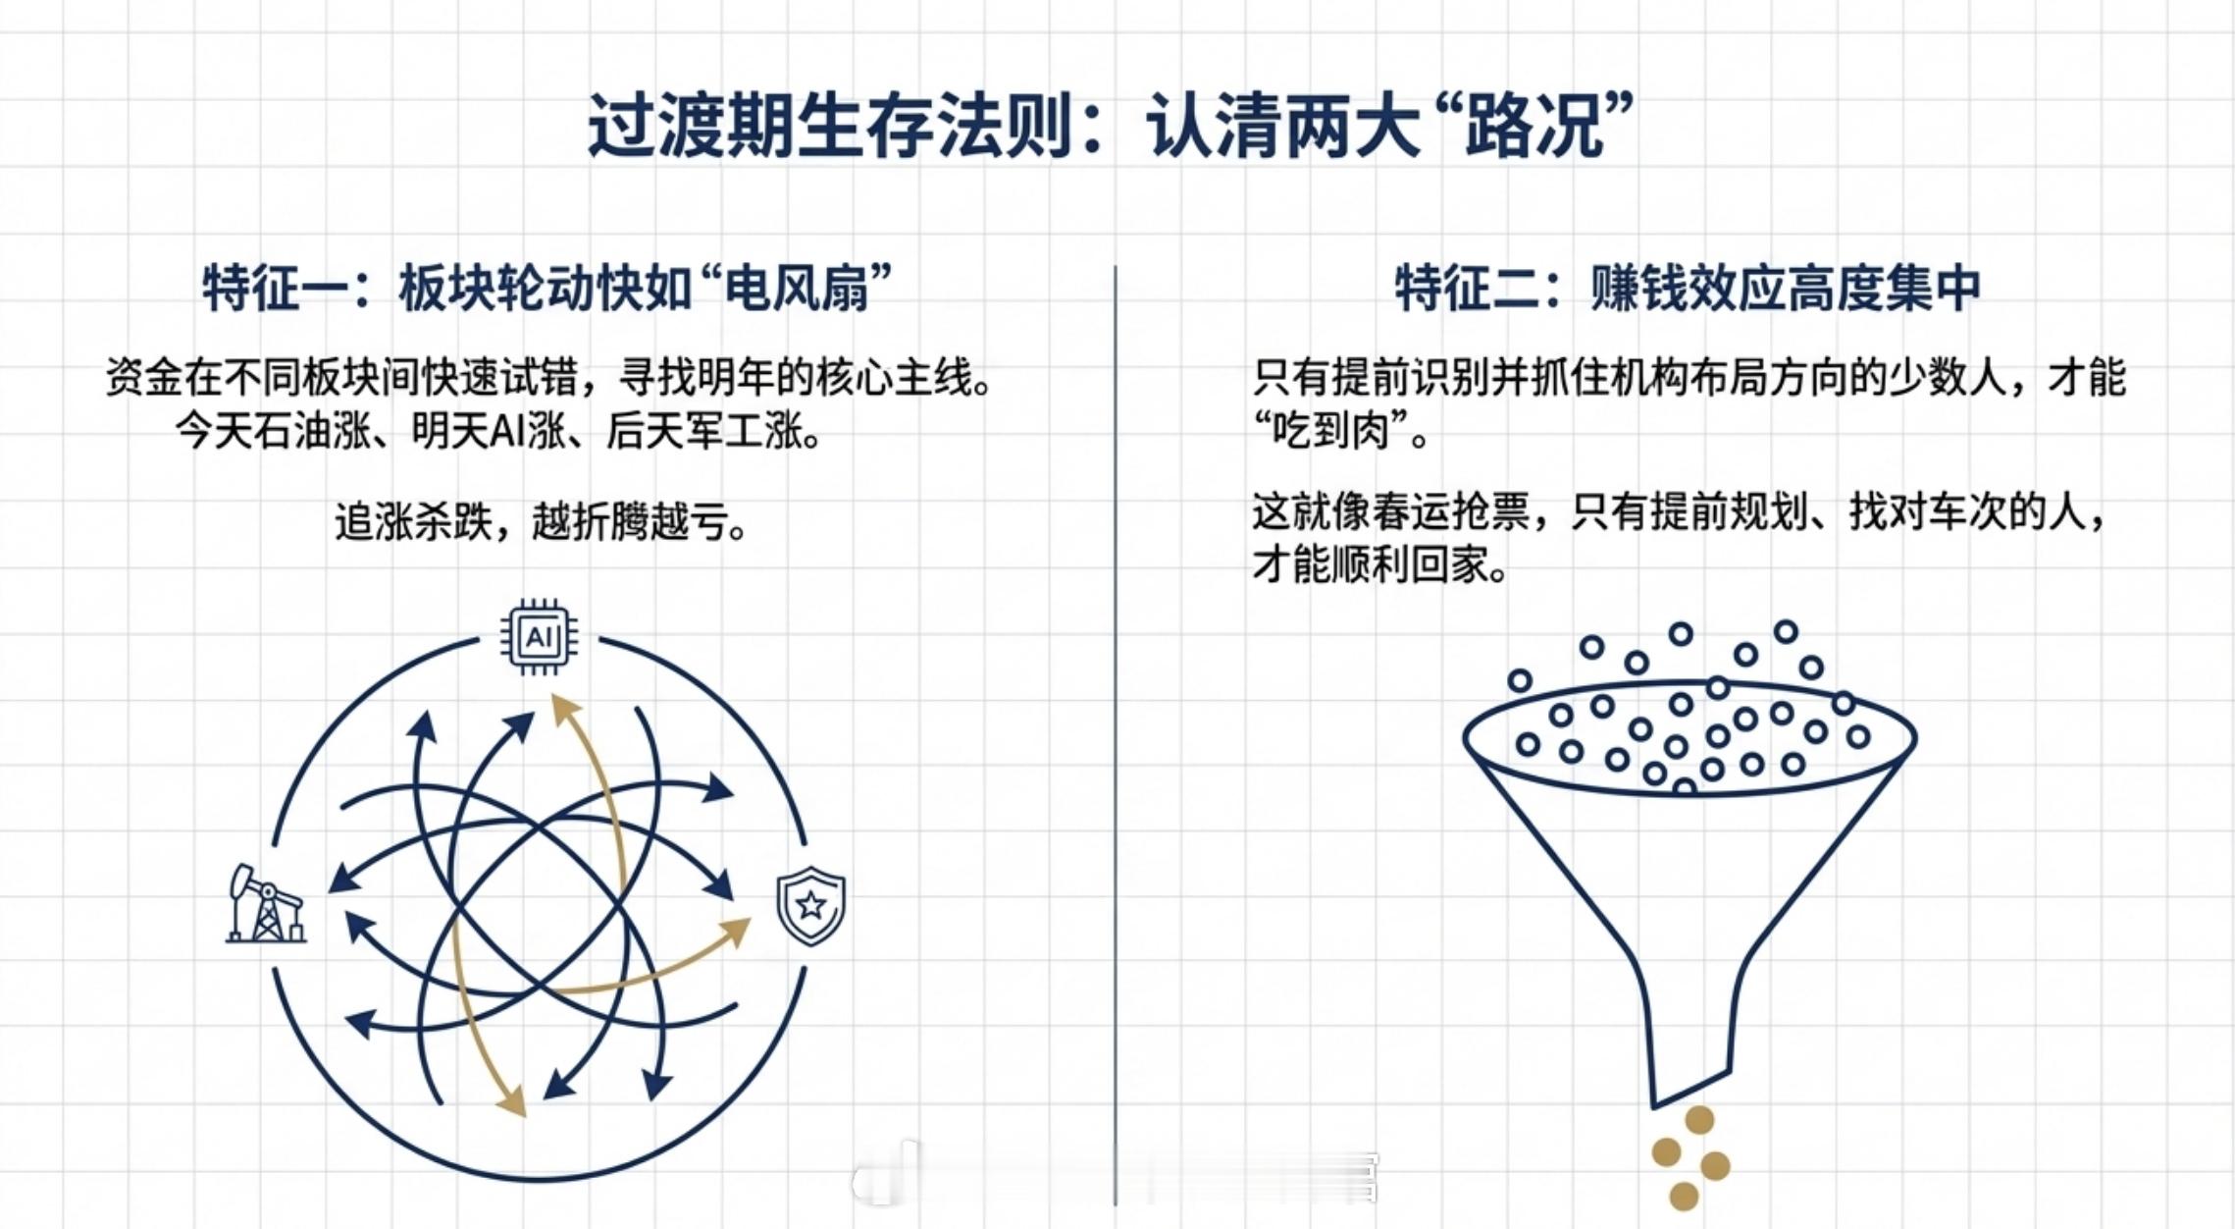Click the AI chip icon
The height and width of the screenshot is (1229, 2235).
[539, 637]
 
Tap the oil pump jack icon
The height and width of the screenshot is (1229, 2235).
[265, 904]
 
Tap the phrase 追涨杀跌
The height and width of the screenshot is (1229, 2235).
[412, 522]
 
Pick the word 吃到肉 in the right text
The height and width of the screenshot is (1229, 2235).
[1340, 431]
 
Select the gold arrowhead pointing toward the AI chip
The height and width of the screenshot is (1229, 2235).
[561, 708]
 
